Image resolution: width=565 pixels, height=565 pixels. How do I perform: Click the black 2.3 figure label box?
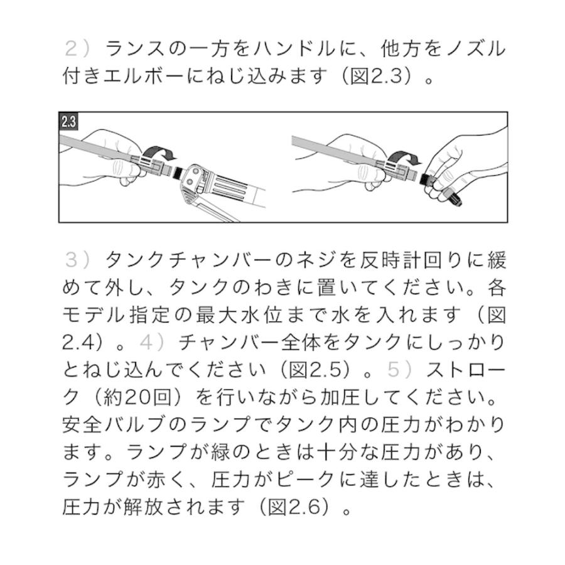[x=68, y=122]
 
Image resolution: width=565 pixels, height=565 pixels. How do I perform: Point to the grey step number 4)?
[x=153, y=343]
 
